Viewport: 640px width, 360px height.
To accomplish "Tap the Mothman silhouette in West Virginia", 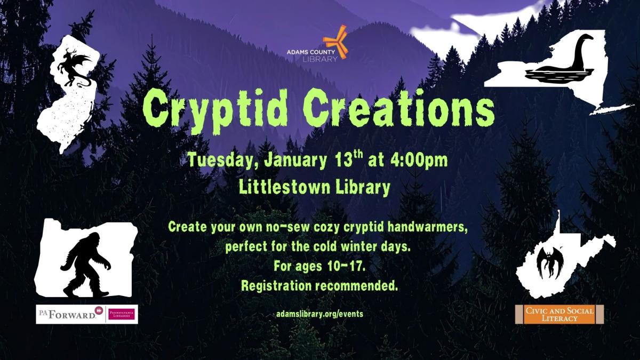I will coord(549,261).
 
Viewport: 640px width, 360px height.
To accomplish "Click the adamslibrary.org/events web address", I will coord(319,314).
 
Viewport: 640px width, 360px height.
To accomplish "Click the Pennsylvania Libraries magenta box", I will coord(122,314).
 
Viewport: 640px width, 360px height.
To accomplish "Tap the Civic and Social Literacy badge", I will coord(558,314).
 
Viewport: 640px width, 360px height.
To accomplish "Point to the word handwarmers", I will coord(426,227).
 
